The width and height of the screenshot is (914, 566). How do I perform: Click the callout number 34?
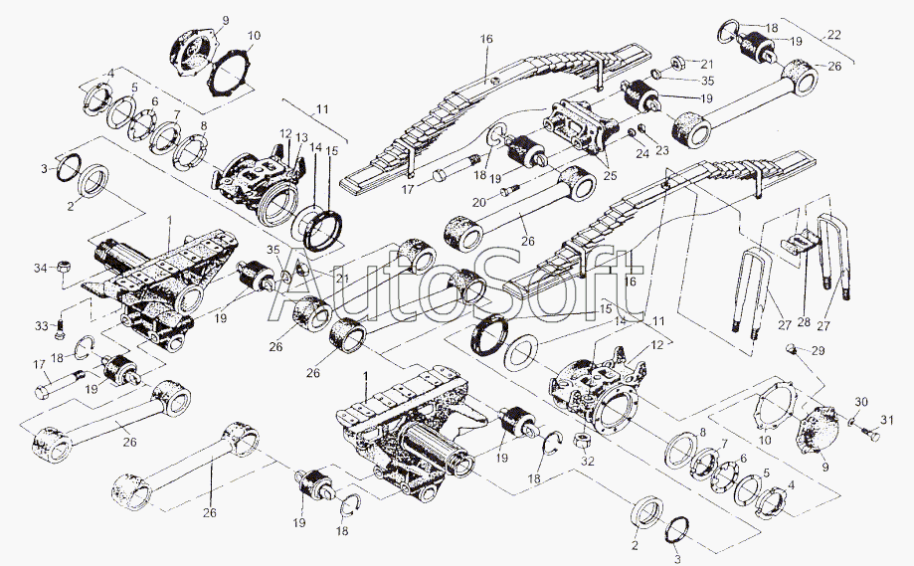[x=39, y=268]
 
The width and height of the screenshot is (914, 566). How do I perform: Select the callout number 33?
[x=40, y=324]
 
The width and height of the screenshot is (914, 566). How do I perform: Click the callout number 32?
[x=588, y=463]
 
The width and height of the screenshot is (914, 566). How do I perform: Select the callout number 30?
[x=860, y=402]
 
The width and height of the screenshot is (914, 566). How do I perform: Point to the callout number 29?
[x=818, y=352]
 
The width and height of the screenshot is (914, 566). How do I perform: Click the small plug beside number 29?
[x=793, y=348]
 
